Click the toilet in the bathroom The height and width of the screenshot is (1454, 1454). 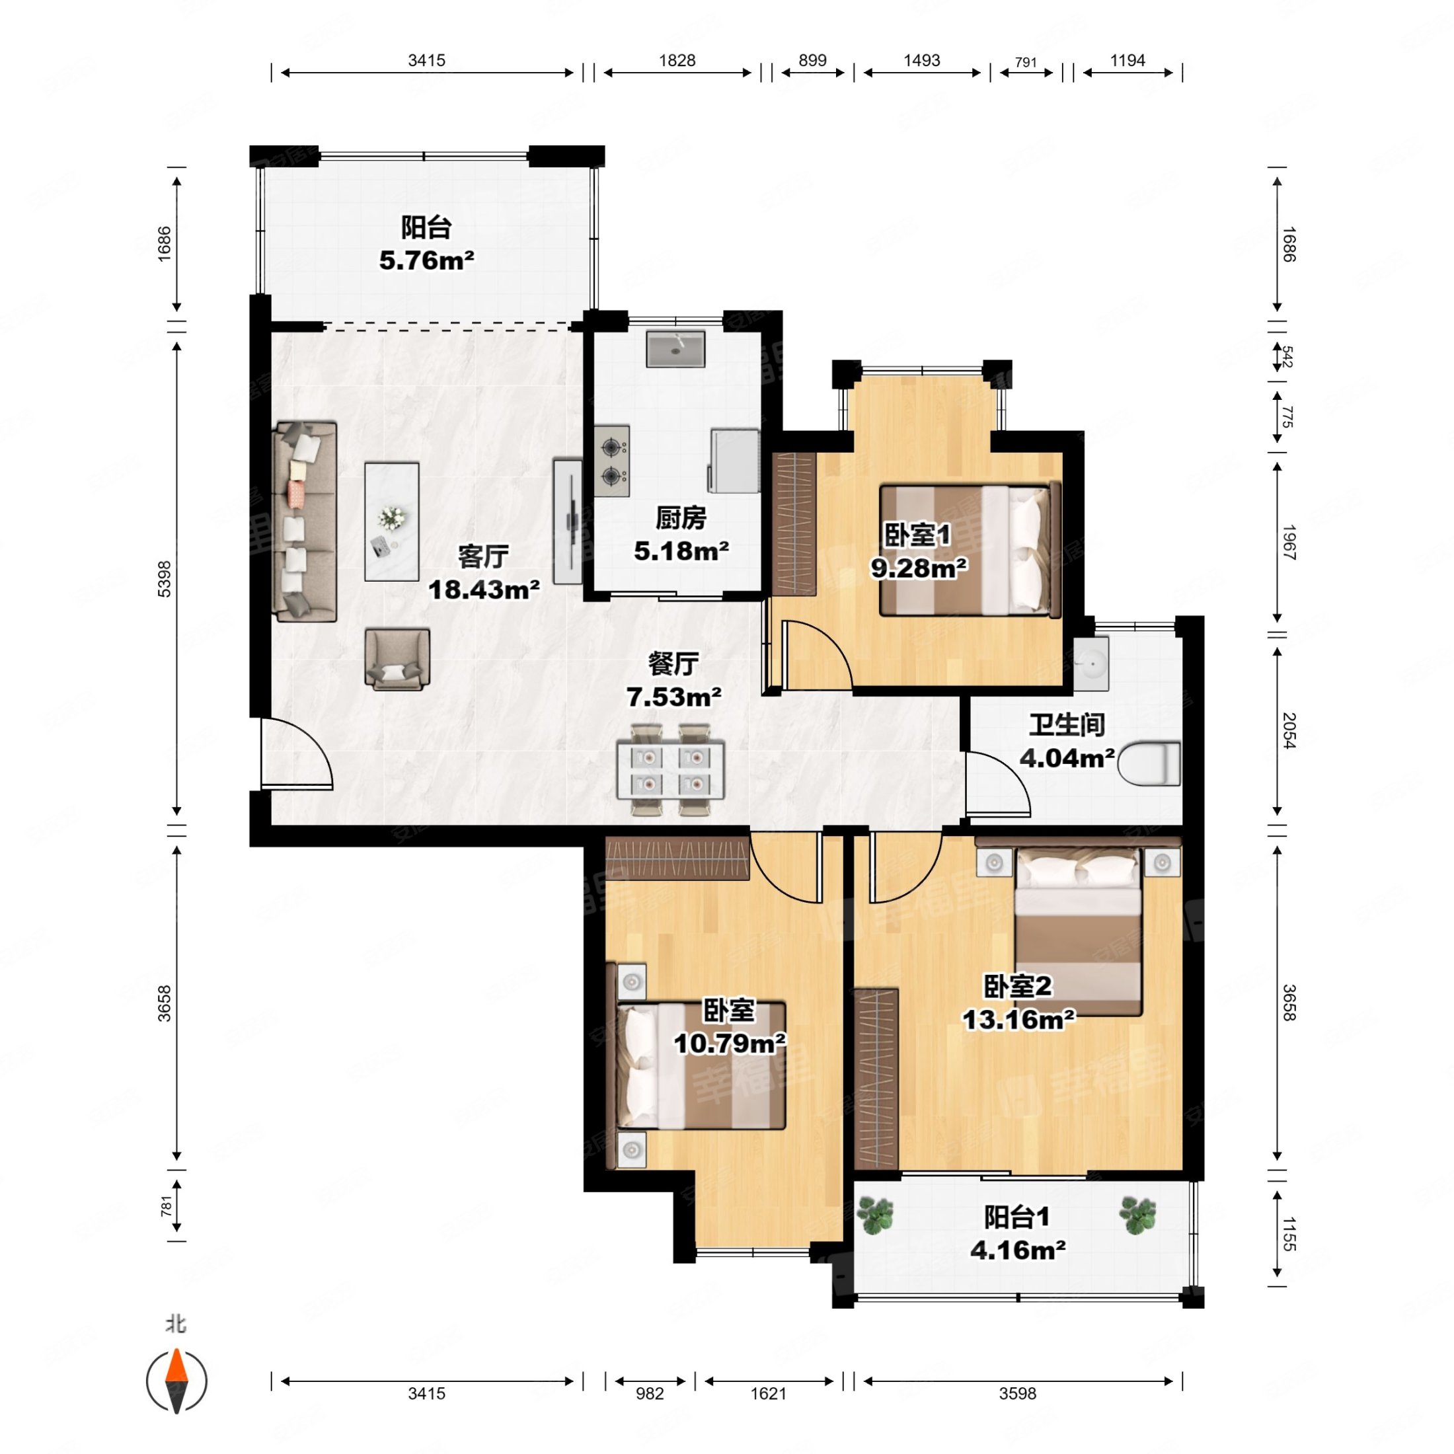pyautogui.click(x=1149, y=764)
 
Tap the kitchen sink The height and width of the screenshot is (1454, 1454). pyautogui.click(x=675, y=348)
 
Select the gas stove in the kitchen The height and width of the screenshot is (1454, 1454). pyautogui.click(x=612, y=461)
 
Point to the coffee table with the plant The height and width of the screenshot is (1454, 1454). pyautogui.click(x=391, y=521)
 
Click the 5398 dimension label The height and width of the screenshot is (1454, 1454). pyautogui.click(x=164, y=579)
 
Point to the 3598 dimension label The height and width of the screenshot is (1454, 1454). pyautogui.click(x=1018, y=1394)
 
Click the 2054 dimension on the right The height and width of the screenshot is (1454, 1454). pyautogui.click(x=1288, y=730)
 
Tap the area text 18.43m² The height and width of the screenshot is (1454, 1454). pyautogui.click(x=484, y=590)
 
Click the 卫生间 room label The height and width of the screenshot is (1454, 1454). pyautogui.click(x=1067, y=725)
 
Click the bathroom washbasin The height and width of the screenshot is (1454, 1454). pyautogui.click(x=1090, y=663)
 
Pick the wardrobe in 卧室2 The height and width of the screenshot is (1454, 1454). pyautogui.click(x=877, y=1079)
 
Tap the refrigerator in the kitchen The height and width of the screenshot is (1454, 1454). pyautogui.click(x=734, y=460)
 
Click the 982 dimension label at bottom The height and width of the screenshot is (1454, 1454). pyautogui.click(x=650, y=1394)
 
